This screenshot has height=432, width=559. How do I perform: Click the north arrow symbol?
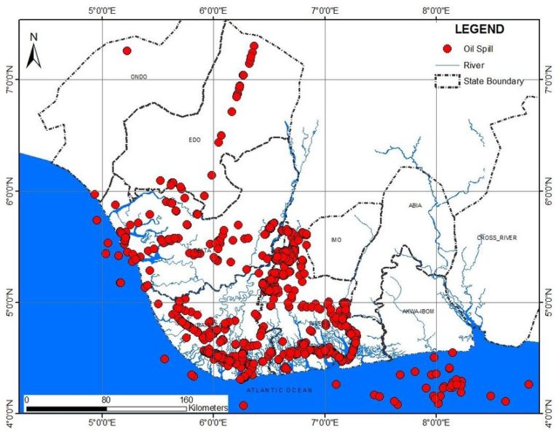33,51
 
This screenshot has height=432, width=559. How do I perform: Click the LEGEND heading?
478,30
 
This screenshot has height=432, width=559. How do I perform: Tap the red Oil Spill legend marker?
448,49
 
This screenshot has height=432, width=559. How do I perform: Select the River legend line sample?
448,65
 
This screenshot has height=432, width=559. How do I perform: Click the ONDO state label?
138,76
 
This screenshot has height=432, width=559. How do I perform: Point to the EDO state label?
194,140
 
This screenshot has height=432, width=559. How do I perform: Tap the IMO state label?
336,240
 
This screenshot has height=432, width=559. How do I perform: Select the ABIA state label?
415,206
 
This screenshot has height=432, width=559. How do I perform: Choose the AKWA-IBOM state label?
418,311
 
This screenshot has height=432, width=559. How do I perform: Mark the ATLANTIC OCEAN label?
279,391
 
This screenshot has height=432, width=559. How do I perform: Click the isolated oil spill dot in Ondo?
127,51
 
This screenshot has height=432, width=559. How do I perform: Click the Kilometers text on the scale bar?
207,409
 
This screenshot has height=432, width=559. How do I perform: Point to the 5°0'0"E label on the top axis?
103,11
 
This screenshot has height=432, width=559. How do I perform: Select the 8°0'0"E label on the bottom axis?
435,423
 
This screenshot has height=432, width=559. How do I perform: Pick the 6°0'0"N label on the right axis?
548,191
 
